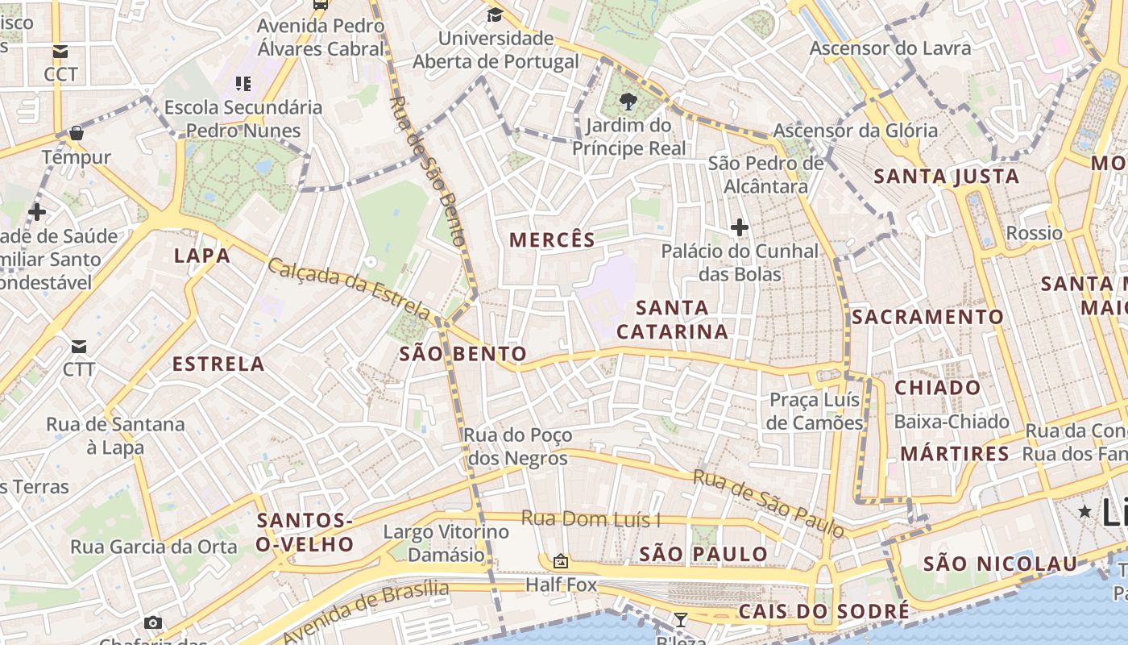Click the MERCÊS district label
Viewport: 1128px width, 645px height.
point(552,239)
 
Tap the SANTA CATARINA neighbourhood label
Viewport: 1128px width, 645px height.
point(673,319)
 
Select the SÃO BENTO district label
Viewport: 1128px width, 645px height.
point(462,354)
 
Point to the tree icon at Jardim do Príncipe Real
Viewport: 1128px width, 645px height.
point(628,102)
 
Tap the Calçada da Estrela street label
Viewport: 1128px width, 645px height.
point(349,287)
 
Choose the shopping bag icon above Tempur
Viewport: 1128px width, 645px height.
point(77,133)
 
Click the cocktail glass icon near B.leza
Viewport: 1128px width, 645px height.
point(681,619)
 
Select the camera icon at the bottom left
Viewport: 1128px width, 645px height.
point(153,622)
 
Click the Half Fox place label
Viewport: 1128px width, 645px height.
point(561,585)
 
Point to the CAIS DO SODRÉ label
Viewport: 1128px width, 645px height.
point(823,612)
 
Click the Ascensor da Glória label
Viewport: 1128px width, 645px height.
point(855,131)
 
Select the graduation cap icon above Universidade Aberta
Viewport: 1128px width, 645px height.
point(495,15)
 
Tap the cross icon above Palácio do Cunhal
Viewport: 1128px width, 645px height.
point(739,227)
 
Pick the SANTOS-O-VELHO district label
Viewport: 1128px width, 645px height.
point(305,533)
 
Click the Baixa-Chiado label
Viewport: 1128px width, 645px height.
point(951,422)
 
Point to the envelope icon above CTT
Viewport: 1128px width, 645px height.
point(79,347)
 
